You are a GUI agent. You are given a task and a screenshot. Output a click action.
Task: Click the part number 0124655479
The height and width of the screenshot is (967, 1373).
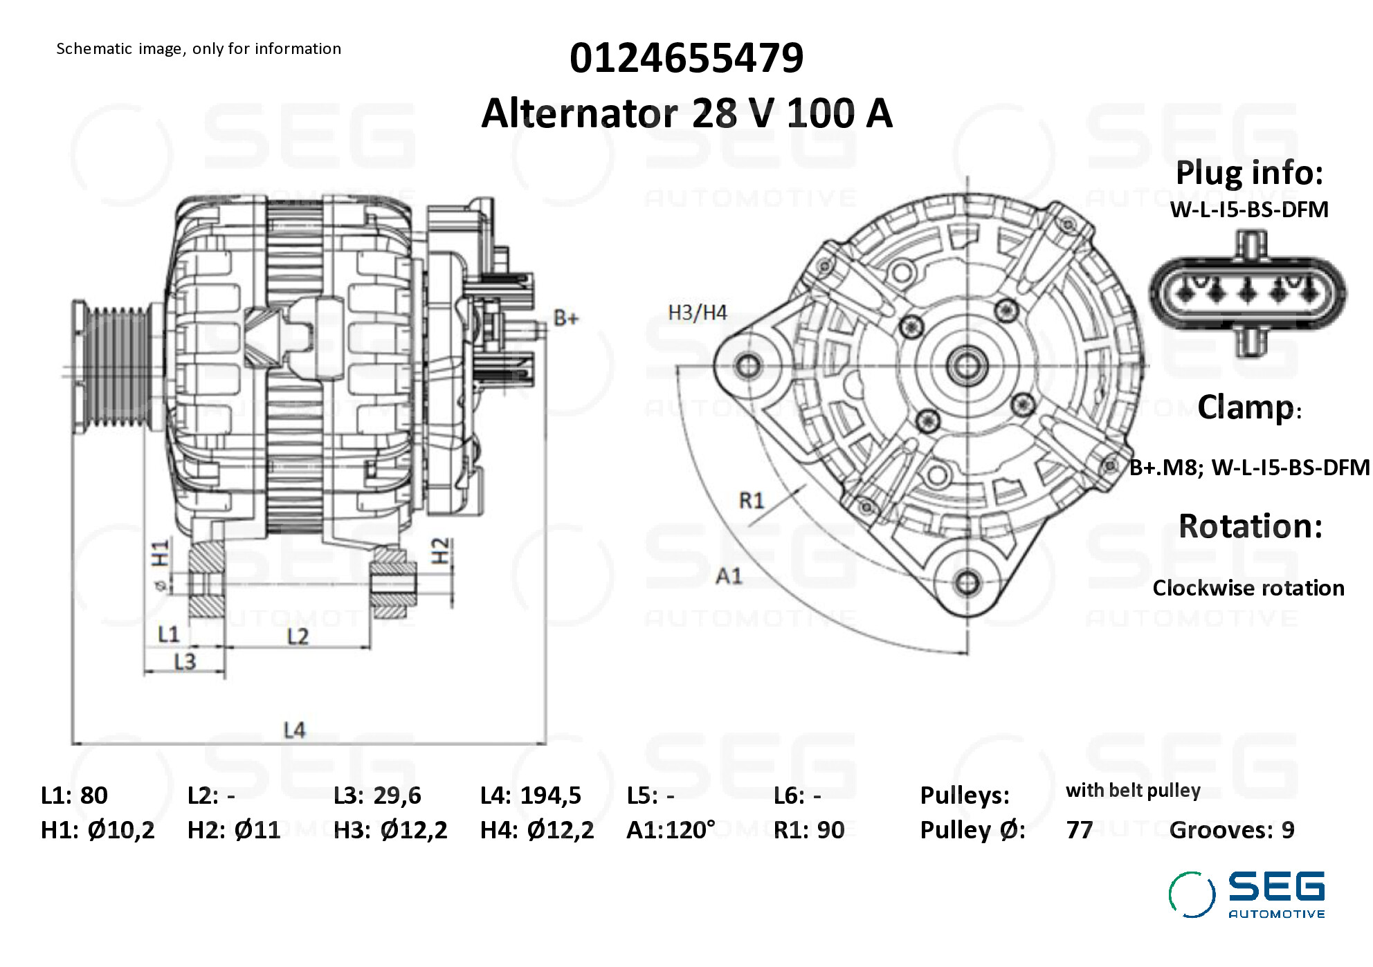[x=686, y=57]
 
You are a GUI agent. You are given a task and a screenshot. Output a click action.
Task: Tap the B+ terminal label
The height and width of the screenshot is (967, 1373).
[x=565, y=318]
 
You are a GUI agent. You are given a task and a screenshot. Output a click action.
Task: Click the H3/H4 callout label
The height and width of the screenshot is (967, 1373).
[x=698, y=313]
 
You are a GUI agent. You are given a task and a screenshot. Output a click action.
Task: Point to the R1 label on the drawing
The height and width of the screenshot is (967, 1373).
[x=752, y=500]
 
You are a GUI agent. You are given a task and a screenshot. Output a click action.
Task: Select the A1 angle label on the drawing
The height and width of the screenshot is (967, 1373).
[x=729, y=575]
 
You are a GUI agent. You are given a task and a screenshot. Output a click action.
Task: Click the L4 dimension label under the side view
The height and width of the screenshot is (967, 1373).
[x=294, y=730]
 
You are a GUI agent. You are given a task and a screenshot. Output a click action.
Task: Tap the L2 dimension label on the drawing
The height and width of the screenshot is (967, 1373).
[x=298, y=636]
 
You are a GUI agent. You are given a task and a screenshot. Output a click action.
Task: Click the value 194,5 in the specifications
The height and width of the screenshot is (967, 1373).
[x=551, y=795]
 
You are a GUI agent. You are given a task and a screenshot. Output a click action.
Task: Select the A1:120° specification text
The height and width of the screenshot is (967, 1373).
[x=671, y=829]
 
